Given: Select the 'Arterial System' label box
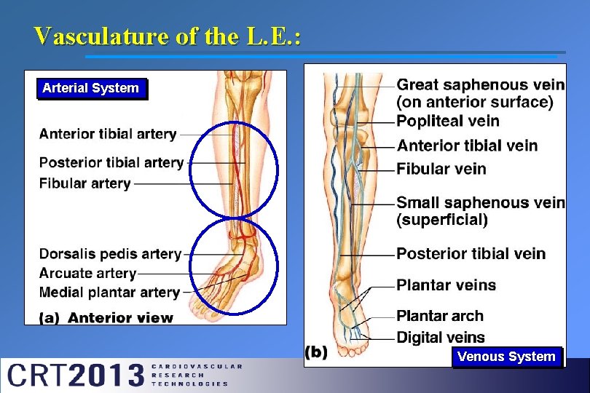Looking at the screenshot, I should pos(91,89).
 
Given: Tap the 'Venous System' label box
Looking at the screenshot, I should pos(506,357).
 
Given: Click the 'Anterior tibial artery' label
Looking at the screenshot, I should pos(108,134).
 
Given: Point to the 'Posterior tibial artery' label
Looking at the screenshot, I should pos(111,162).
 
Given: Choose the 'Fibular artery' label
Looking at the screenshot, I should pos(84,183).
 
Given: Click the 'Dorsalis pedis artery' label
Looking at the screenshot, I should pos(110,254).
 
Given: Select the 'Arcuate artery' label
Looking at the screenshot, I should pos(87,274).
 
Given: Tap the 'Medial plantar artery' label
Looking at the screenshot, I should pos(109,293).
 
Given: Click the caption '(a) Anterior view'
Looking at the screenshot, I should pos(106,317).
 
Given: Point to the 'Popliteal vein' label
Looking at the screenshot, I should pos(448,121).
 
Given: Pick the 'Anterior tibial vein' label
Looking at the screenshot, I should pos(467,146).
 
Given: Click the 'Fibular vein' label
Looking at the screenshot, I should pos(441,169).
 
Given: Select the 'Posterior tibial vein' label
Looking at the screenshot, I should pos(471,254).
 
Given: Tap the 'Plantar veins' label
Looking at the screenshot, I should pos(446,285).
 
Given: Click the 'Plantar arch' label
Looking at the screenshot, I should pos(440,316).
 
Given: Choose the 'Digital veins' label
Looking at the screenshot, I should pos(441,337).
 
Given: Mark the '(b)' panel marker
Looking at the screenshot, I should pos(316,352).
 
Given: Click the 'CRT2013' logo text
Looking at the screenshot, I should pos(75,376).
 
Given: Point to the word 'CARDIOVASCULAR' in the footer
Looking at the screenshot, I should pos(197,366).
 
